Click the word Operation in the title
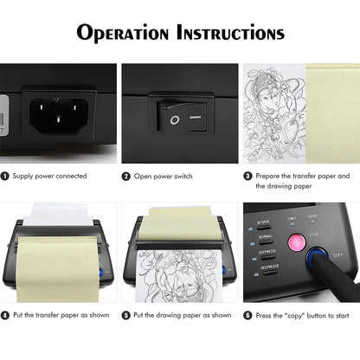(x=125, y=34)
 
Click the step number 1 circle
(x=6, y=176)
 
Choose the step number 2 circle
(x=126, y=176)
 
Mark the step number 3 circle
(x=247, y=176)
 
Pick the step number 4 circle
(x=6, y=315)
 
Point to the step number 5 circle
(x=126, y=315)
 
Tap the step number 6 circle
(x=247, y=315)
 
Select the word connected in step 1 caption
(x=70, y=176)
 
